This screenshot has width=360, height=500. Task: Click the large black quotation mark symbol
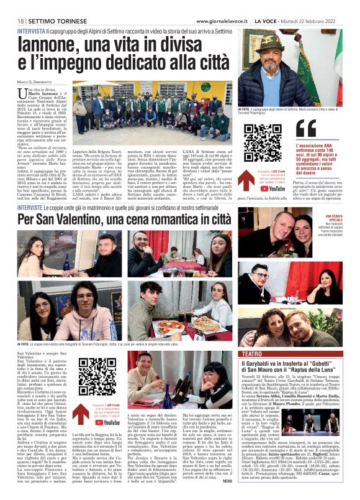(289, 127)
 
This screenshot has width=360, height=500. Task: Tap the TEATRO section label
(251, 353)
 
